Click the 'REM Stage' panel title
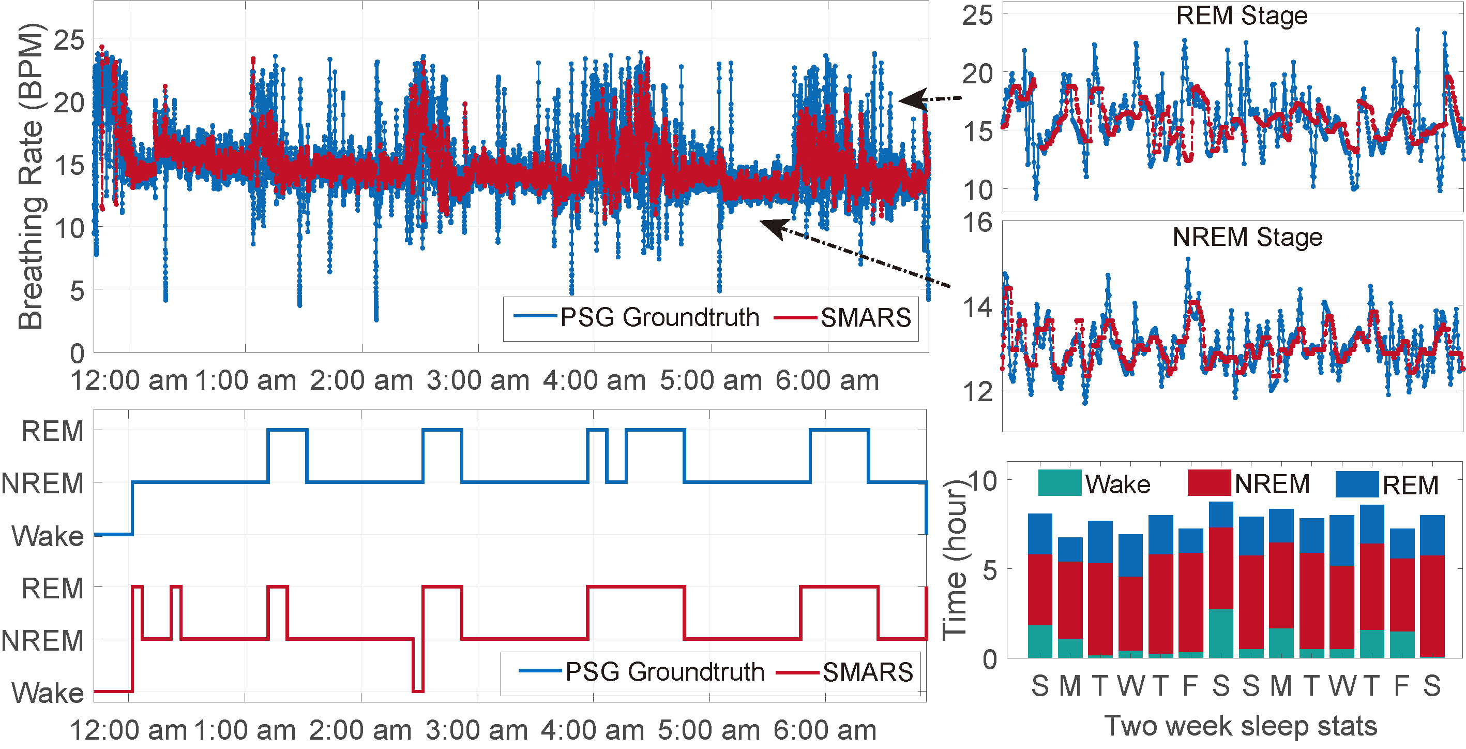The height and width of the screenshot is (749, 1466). pyautogui.click(x=1241, y=16)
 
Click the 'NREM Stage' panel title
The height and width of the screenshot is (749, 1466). pyautogui.click(x=1247, y=237)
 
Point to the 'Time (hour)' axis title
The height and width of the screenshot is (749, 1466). pyautogui.click(x=955, y=561)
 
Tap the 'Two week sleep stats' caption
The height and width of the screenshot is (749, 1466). pyautogui.click(x=1241, y=726)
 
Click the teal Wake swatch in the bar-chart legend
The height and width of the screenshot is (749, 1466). pyautogui.click(x=1059, y=482)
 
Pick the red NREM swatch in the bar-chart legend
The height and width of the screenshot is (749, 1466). pyautogui.click(x=1210, y=482)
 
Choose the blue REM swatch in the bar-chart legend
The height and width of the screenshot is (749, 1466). pyautogui.click(x=1357, y=484)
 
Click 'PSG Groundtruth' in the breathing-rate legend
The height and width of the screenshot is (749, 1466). pyautogui.click(x=659, y=317)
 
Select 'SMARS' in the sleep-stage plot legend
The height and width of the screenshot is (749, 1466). pyautogui.click(x=867, y=672)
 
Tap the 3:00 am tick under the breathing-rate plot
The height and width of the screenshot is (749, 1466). pyautogui.click(x=478, y=380)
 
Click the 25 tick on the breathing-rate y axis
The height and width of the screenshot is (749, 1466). pyautogui.click(x=69, y=40)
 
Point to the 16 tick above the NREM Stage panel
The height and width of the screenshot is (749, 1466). pyautogui.click(x=977, y=223)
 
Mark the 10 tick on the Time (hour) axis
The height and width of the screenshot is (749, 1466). pyautogui.click(x=983, y=482)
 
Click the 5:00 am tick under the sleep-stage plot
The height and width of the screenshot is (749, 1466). pyautogui.click(x=709, y=730)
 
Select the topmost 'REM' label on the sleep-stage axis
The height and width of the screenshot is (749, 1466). pyautogui.click(x=52, y=431)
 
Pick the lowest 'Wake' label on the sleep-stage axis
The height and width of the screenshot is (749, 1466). pyautogui.click(x=48, y=693)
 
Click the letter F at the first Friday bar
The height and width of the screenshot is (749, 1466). pyautogui.click(x=1190, y=686)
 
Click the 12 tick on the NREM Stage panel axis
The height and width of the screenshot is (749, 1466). pyautogui.click(x=977, y=392)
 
